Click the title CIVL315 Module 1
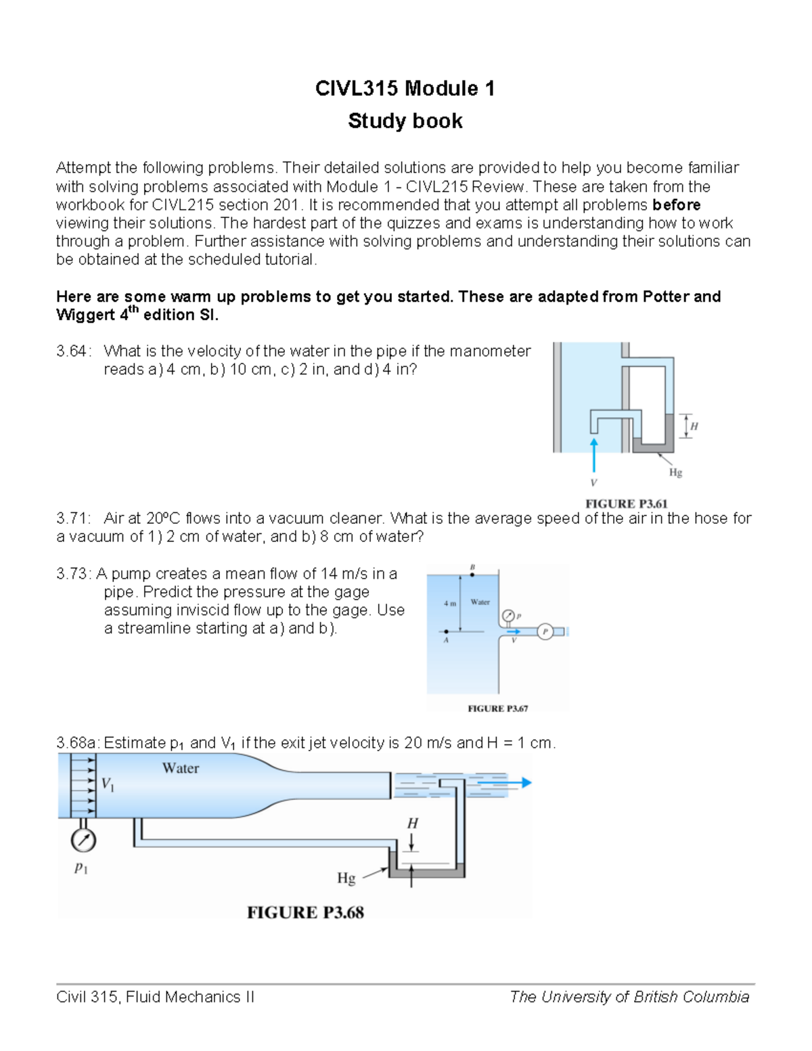pyautogui.click(x=405, y=89)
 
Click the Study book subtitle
pyautogui.click(x=405, y=121)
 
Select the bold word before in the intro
pyautogui.click(x=676, y=205)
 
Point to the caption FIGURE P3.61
pyautogui.click(x=626, y=504)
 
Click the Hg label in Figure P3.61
pyautogui.click(x=675, y=472)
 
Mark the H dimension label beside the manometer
pyautogui.click(x=694, y=426)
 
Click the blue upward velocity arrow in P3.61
pyautogui.click(x=593, y=454)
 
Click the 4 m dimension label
pyautogui.click(x=450, y=603)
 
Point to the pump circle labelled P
pyautogui.click(x=545, y=632)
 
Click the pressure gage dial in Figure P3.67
pyautogui.click(x=507, y=616)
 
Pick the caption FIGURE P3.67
pyautogui.click(x=497, y=709)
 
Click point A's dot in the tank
pyautogui.click(x=446, y=631)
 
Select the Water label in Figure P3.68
pyautogui.click(x=181, y=768)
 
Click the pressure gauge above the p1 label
pyautogui.click(x=83, y=841)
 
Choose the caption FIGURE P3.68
pyautogui.click(x=305, y=912)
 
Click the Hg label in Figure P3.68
pyautogui.click(x=346, y=878)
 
